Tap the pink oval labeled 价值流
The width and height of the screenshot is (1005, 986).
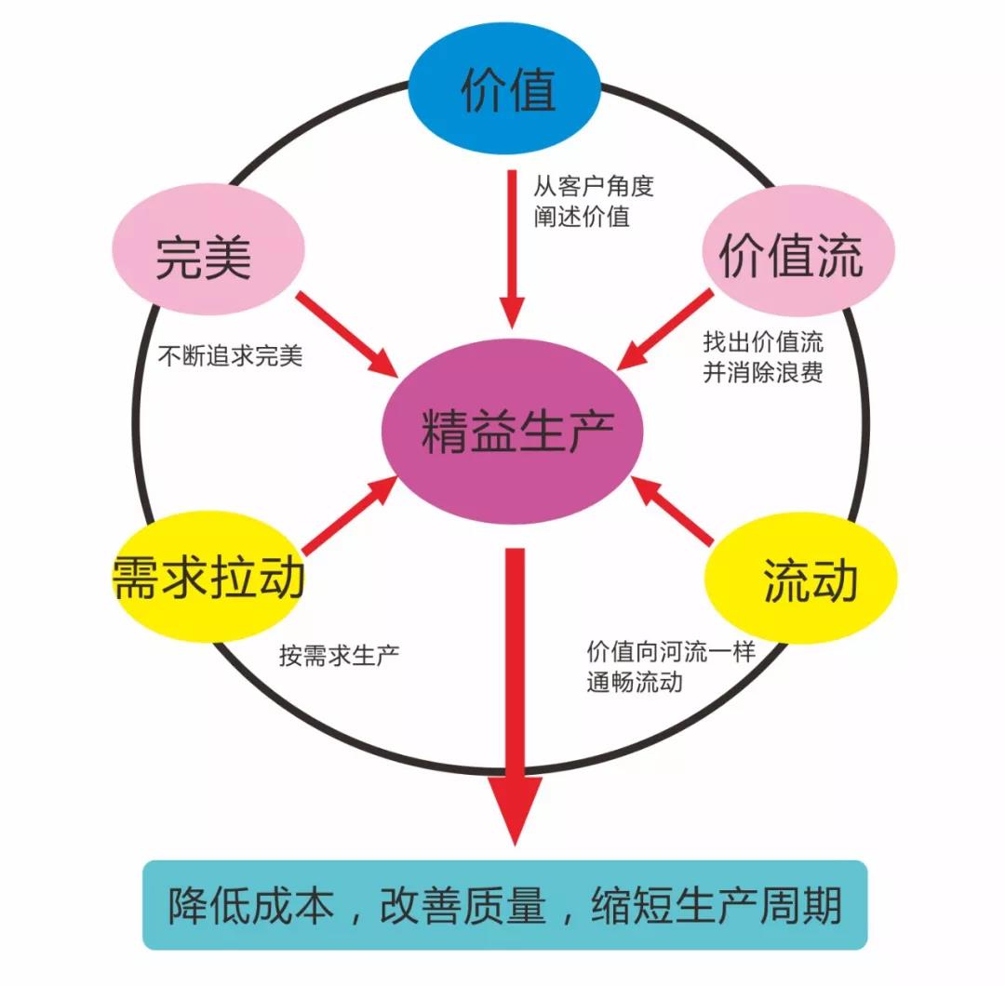[x=792, y=251]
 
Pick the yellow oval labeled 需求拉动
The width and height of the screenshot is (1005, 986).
[x=208, y=576]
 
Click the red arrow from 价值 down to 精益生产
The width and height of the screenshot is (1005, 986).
[x=512, y=246]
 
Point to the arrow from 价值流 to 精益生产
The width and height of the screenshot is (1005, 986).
[x=666, y=330]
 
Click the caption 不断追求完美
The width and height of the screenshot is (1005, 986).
[x=230, y=356]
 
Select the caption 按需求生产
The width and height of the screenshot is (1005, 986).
[x=340, y=654]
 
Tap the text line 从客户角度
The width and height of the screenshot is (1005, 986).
[x=594, y=185]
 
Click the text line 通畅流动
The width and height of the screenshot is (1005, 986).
[x=635, y=682]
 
